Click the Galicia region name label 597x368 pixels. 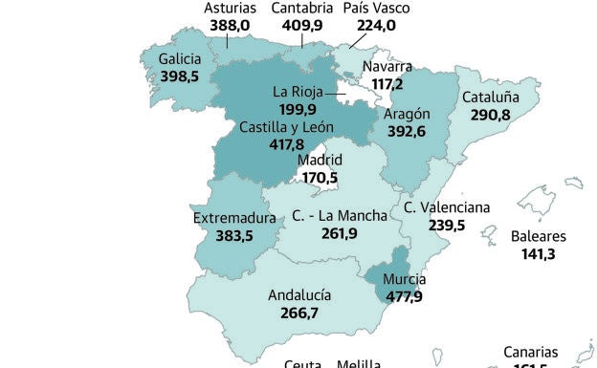click(x=179, y=58)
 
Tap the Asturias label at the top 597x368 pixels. click(x=230, y=9)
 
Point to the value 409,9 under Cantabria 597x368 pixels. click(x=301, y=26)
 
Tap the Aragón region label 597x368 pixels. click(x=407, y=115)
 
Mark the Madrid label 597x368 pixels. click(x=320, y=161)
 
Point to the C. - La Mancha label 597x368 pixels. click(x=340, y=215)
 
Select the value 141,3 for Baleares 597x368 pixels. click(x=539, y=253)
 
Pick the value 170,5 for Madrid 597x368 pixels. click(x=319, y=178)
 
